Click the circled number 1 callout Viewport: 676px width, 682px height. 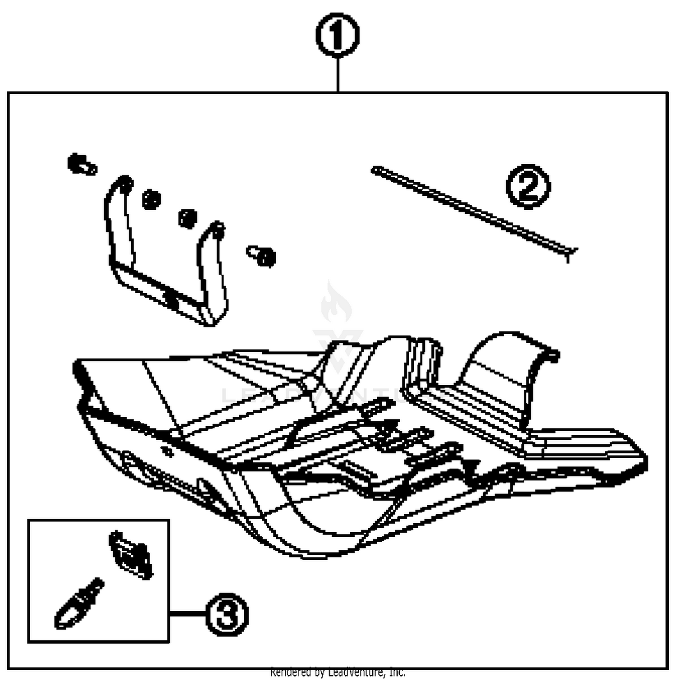(337, 35)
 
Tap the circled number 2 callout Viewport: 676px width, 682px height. (528, 186)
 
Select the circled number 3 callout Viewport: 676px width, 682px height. (227, 614)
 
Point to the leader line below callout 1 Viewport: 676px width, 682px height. (338, 75)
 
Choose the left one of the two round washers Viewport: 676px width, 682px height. (151, 199)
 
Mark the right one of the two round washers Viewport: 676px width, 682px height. (187, 218)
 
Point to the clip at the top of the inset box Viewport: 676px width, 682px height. (131, 554)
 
